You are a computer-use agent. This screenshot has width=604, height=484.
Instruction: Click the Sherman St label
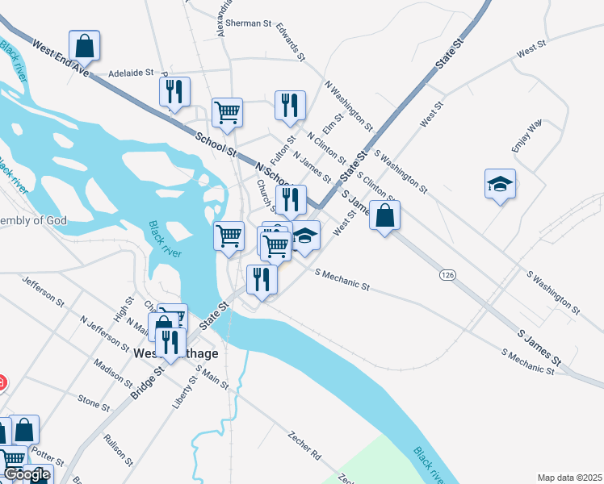[x=248, y=24]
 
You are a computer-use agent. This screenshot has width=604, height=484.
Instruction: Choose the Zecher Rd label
[x=304, y=445]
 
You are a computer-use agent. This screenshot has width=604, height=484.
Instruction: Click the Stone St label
[x=93, y=401]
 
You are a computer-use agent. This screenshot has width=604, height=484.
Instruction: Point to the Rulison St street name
[x=118, y=450]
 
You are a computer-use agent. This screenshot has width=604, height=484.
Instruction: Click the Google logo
[x=26, y=474]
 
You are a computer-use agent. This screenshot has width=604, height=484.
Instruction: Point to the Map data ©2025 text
[x=569, y=478]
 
